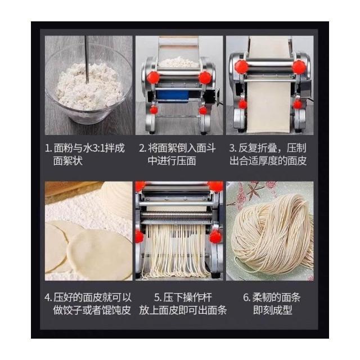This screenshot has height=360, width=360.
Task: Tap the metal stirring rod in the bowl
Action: (87, 59)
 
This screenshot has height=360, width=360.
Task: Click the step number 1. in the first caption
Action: (48, 148)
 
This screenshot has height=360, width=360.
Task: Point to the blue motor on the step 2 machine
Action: (172, 96)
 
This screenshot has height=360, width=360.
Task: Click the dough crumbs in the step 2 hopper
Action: (178, 62)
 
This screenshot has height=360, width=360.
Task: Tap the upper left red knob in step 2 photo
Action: (153, 78)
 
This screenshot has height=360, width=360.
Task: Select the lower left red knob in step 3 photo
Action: (242, 105)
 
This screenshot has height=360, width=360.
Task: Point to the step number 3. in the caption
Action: (233, 148)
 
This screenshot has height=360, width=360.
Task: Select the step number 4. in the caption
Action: (48, 298)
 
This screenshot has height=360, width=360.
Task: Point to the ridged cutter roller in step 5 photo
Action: (176, 215)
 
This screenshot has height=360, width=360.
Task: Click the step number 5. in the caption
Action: (158, 298)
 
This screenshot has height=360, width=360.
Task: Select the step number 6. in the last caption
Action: (247, 298)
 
